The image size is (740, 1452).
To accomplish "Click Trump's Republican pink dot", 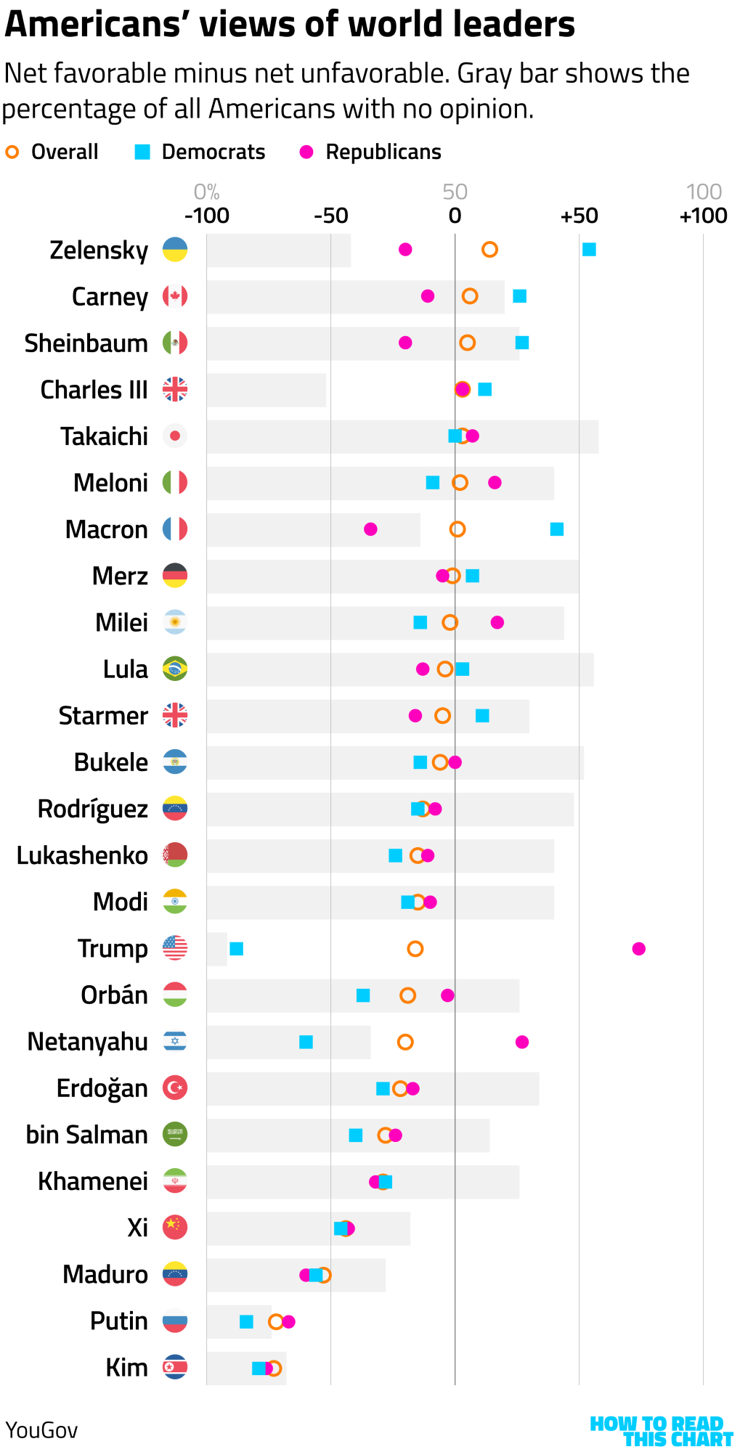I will (x=638, y=948).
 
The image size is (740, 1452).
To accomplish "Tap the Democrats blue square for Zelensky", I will (x=589, y=250).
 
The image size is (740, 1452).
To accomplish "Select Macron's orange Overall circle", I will (x=457, y=529).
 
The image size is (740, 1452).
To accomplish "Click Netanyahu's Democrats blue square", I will (x=306, y=1042).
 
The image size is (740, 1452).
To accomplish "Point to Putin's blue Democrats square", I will (x=246, y=1321).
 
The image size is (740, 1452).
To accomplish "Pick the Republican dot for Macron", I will (x=370, y=529).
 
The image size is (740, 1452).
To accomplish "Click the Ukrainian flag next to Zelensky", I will (x=175, y=250).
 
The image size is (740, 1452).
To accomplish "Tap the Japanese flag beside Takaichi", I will (x=175, y=436).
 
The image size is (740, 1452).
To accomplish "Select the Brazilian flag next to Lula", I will (x=175, y=669).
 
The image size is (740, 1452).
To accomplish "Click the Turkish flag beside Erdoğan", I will (x=175, y=1088).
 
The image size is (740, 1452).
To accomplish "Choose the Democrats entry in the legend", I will (x=200, y=152).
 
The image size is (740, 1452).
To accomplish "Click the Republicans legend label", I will (x=383, y=152).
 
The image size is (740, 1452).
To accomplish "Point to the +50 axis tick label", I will (x=579, y=216).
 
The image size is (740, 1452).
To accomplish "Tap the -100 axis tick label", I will (x=207, y=216).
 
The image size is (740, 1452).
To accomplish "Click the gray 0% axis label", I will (x=207, y=192).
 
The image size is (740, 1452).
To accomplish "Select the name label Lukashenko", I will (x=82, y=855).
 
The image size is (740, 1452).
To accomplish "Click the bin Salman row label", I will (x=86, y=1135).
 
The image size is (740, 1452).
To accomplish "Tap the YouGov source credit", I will (x=41, y=1430).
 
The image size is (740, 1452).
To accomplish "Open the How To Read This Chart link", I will (x=661, y=1431).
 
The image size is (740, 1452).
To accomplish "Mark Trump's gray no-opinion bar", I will (x=216, y=948).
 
